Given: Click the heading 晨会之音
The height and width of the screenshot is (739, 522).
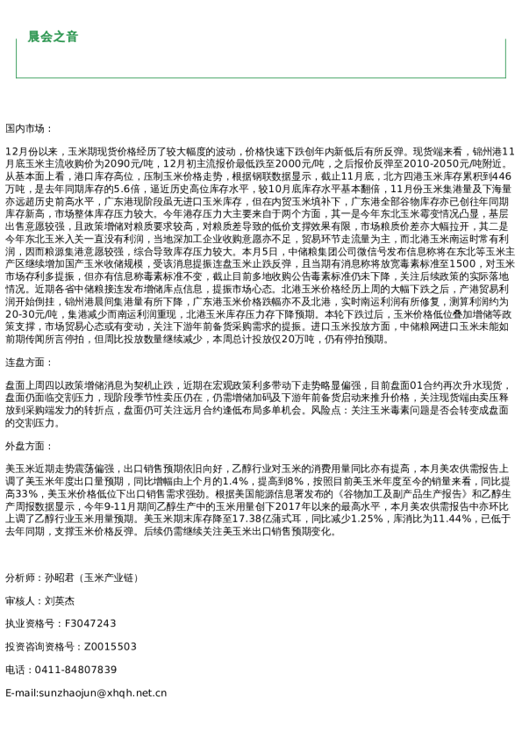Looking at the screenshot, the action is click(53, 37).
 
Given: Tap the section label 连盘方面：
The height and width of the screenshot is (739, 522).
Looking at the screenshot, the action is click(29, 362).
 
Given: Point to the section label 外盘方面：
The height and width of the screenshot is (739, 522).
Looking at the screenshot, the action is click(29, 446).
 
